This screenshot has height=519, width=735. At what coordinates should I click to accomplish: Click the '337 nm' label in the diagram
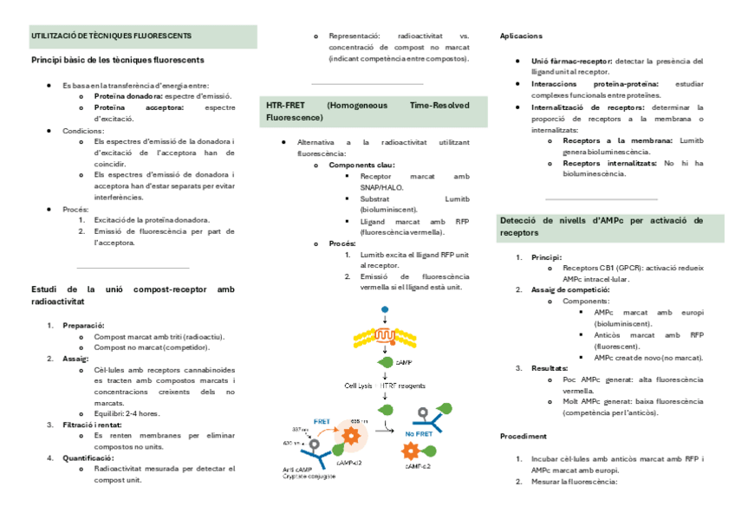[x=300, y=429]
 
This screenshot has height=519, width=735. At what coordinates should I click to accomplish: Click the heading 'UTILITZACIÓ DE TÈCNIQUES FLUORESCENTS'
[x=111, y=36]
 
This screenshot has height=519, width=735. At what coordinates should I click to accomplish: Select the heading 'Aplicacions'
[x=521, y=36]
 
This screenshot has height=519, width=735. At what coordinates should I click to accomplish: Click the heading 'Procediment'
[x=523, y=436]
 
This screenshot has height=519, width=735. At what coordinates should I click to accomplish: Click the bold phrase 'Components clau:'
[x=362, y=164]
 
